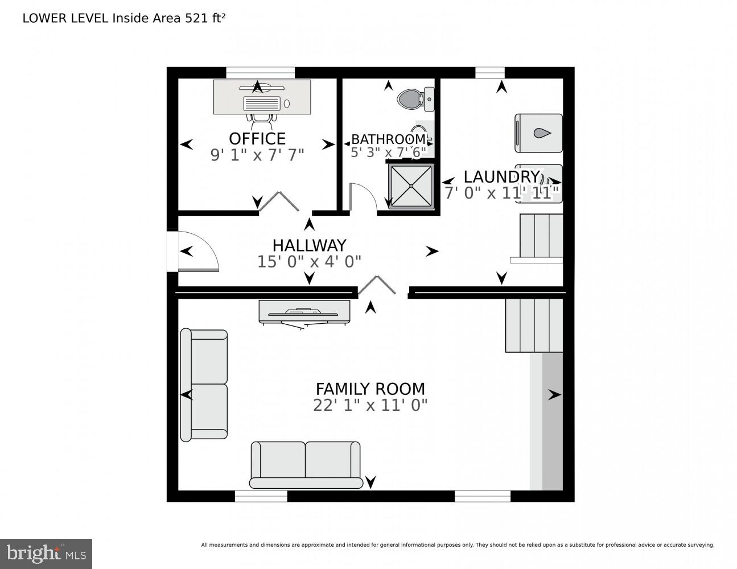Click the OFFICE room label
click(257, 139)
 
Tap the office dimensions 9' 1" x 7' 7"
click(257, 155)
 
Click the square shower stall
click(410, 185)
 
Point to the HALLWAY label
click(309, 245)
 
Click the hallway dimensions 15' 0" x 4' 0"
click(309, 262)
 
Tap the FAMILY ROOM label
click(370, 389)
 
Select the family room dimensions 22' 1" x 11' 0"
click(370, 406)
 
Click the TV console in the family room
click(304, 311)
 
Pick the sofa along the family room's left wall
click(204, 385)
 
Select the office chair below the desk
click(262, 118)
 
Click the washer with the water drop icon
click(538, 134)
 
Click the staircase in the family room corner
click(534, 325)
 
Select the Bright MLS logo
click(46, 554)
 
